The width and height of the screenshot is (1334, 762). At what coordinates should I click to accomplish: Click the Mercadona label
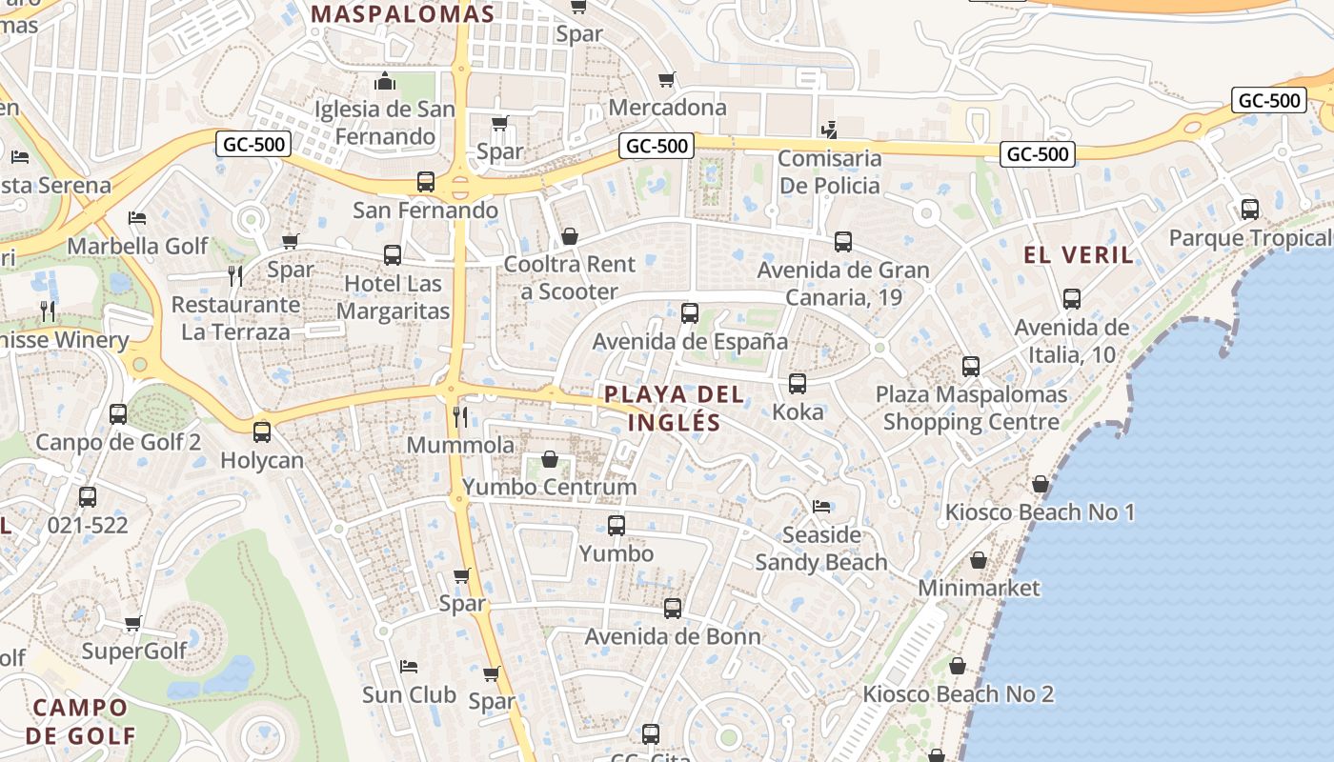click(667, 108)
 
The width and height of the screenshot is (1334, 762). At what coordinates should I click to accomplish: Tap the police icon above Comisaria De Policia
click(830, 130)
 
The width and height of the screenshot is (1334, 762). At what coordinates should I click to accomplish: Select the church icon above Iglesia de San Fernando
click(385, 81)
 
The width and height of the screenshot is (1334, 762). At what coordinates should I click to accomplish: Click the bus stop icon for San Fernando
click(426, 181)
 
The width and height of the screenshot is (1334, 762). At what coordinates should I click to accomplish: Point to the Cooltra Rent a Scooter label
click(570, 277)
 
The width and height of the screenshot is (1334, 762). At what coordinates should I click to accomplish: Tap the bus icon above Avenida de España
click(690, 312)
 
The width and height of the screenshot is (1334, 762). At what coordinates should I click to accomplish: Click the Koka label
click(798, 412)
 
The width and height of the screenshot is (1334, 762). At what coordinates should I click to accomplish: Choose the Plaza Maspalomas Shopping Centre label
click(971, 408)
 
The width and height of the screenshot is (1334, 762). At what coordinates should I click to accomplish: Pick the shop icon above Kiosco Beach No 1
click(1041, 484)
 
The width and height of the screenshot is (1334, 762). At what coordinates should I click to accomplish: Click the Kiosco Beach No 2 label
click(958, 693)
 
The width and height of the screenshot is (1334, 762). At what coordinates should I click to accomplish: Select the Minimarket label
click(979, 588)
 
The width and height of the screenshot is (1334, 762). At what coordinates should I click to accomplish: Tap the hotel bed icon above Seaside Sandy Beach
click(821, 506)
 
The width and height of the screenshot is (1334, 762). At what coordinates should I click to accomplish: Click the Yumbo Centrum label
click(549, 487)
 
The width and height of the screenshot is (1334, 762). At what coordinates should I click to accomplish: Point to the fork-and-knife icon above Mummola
click(460, 416)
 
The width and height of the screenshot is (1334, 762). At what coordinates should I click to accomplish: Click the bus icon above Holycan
click(262, 431)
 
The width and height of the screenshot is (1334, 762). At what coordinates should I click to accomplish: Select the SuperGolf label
click(133, 651)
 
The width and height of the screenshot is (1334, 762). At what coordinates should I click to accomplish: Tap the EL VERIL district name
click(1079, 254)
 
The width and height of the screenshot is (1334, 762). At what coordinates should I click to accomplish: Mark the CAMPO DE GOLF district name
click(80, 721)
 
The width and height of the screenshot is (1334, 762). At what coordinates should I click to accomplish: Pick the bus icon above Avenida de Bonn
click(673, 608)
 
